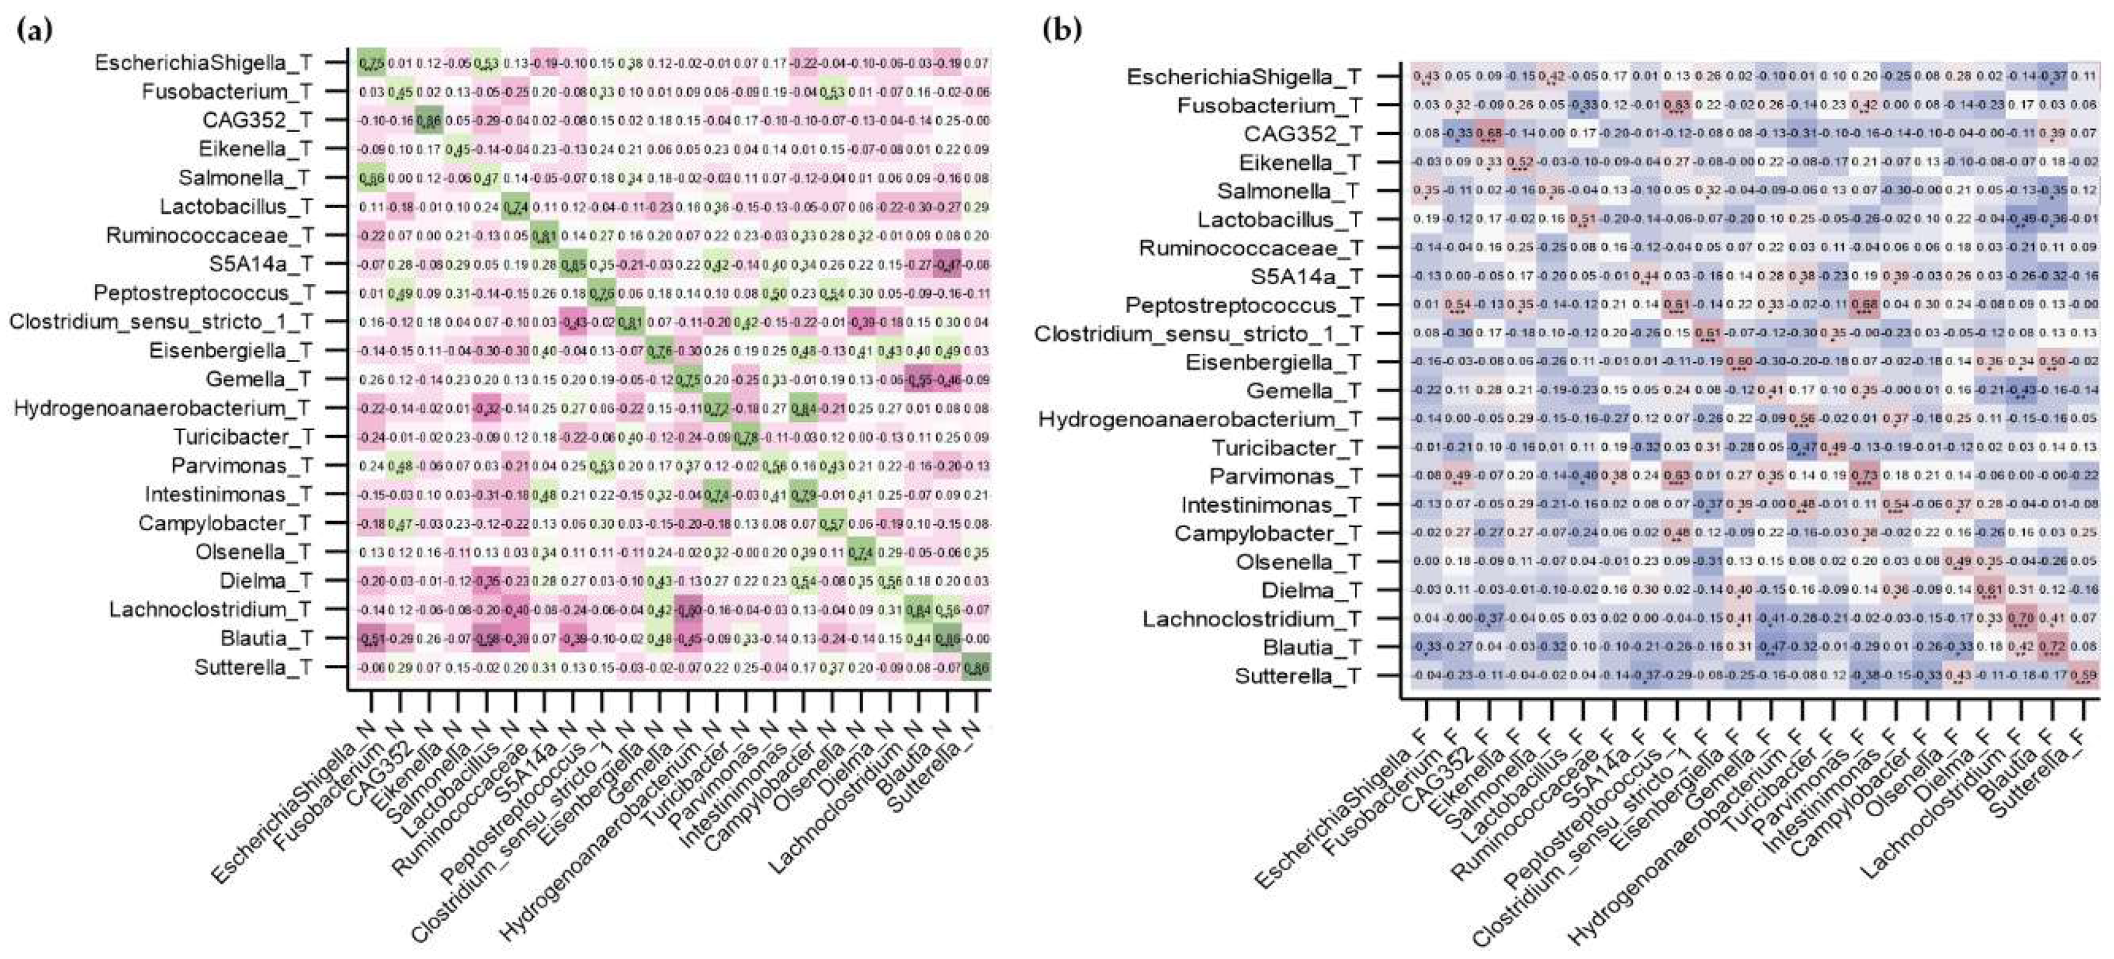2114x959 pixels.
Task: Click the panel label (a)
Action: (x=34, y=31)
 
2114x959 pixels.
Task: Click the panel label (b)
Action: (x=1062, y=31)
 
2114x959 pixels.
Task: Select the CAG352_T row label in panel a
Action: (x=257, y=120)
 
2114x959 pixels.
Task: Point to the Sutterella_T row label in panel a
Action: (x=253, y=667)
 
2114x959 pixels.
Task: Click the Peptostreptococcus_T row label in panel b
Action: (x=1243, y=305)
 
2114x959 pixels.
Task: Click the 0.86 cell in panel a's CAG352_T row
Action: (x=428, y=120)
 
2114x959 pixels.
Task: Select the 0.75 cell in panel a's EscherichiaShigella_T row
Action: (x=371, y=63)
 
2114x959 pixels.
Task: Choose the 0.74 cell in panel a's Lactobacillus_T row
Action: (x=516, y=207)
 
